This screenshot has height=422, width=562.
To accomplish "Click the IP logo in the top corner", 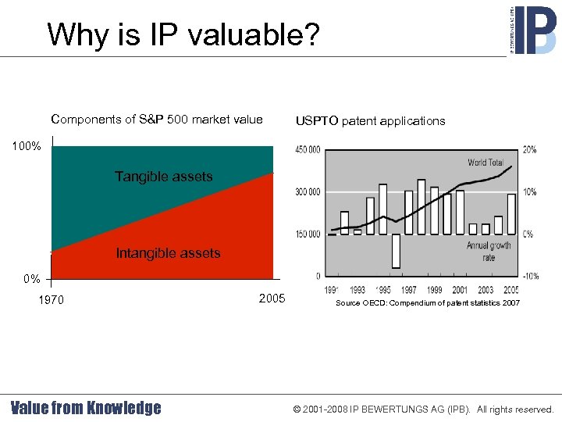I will [535, 29].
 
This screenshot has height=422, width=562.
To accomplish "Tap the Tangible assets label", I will [163, 177].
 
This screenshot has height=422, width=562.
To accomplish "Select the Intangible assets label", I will [168, 253].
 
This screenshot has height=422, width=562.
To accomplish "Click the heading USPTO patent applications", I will [370, 120].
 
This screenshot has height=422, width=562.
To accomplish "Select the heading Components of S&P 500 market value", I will [156, 120].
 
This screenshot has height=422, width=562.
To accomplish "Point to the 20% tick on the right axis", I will [529, 149].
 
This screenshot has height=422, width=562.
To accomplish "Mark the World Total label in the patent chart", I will [486, 163].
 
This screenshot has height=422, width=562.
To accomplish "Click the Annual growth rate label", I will [489, 251].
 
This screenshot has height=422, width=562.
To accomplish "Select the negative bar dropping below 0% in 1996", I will [396, 251].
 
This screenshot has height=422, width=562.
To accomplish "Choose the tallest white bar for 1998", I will [421, 206].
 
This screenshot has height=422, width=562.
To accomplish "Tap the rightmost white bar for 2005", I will [511, 214].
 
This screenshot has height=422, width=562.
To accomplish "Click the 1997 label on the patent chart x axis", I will [409, 290].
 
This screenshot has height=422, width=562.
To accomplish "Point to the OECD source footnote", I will [427, 302].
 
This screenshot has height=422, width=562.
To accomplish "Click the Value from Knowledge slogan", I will [86, 408].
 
